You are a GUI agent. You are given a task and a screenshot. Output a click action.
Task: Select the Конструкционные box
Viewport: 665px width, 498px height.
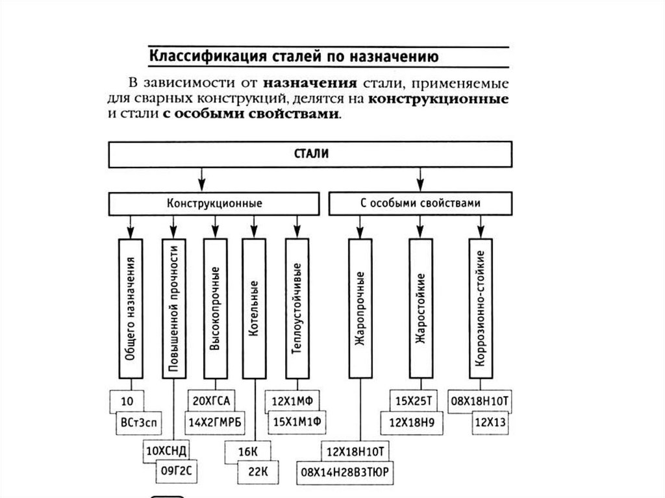click(214, 203)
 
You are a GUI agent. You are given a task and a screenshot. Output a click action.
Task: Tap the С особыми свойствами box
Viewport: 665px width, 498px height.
click(420, 203)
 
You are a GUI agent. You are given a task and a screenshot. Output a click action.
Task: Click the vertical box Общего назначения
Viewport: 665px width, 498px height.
click(130, 308)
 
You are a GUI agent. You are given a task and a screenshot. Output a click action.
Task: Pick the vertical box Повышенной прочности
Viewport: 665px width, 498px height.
click(173, 308)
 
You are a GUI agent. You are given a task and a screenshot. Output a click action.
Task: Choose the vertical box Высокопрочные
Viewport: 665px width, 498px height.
click(215, 308)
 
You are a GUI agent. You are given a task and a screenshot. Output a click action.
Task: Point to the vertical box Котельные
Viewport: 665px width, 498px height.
click(254, 308)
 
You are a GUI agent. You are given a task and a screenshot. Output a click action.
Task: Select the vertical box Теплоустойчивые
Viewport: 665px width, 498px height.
click(297, 308)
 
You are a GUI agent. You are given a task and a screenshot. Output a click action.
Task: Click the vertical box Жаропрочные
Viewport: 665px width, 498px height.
click(360, 308)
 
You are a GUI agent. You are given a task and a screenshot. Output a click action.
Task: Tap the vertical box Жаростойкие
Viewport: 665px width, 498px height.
click(421, 308)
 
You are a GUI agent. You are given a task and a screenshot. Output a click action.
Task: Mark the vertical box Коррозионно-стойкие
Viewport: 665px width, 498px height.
click(480, 308)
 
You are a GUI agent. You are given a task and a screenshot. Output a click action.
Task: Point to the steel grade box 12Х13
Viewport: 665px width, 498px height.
click(491, 423)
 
